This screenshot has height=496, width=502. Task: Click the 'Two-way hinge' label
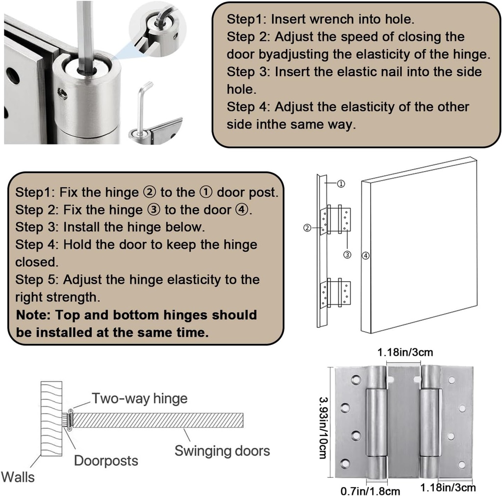click(140, 398)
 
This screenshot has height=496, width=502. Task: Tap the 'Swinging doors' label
click(222, 451)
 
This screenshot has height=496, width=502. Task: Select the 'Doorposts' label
click(106, 461)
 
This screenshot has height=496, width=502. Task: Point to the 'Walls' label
click(18, 477)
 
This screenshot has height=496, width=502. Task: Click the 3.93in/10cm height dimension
click(324, 428)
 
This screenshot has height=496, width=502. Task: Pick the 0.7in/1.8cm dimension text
click(370, 491)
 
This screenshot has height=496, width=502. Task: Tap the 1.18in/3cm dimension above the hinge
click(405, 352)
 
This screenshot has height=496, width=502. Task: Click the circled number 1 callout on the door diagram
click(341, 184)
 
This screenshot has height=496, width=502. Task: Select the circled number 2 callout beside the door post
click(307, 228)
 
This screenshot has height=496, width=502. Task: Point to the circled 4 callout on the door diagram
click(366, 256)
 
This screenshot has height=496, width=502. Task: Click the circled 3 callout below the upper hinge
click(348, 255)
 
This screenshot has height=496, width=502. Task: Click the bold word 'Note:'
click(33, 315)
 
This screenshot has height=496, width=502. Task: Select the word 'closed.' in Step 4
click(37, 262)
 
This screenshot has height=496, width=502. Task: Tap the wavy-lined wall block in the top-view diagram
click(51, 419)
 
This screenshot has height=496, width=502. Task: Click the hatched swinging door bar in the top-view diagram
click(158, 420)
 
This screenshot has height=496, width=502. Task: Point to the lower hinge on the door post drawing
click(335, 293)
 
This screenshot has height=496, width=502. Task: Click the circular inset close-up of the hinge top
click(158, 31)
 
